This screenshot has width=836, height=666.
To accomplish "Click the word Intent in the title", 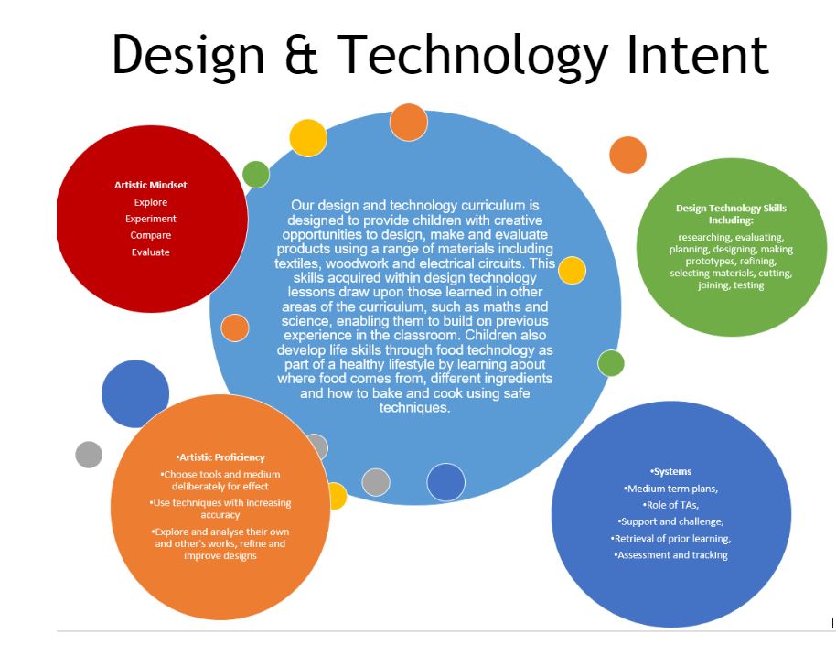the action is tap(697, 54).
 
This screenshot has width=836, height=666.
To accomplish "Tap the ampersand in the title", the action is tap(301, 54).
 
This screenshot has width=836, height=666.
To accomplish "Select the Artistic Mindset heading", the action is tap(150, 185).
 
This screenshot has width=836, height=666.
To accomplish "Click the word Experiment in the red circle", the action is tap(150, 220).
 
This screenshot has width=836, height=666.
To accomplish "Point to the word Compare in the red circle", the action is tap(150, 235).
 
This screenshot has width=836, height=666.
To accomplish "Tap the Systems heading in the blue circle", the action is tap(670, 471).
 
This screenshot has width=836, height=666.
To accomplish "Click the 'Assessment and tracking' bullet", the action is tap(670, 555).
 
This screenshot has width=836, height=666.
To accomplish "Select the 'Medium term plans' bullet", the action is tap(670, 489).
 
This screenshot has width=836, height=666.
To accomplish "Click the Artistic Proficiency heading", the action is tap(220, 457).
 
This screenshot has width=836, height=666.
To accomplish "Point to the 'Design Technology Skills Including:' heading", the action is tap(731, 214).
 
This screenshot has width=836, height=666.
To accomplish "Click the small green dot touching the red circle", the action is tap(256, 175).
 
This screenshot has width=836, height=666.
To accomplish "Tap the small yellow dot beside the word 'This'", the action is tap(572, 271).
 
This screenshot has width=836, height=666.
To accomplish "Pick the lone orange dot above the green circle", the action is tap(628, 155).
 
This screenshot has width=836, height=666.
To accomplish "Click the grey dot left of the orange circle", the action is tap(89, 455).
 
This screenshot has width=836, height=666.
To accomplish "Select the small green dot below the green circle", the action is tap(611, 364).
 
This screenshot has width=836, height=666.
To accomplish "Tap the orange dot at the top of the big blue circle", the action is tap(409, 122).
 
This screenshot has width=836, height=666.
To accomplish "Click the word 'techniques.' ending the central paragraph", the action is tap(415, 408).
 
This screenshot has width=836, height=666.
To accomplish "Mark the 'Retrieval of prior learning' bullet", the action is tap(670, 539).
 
